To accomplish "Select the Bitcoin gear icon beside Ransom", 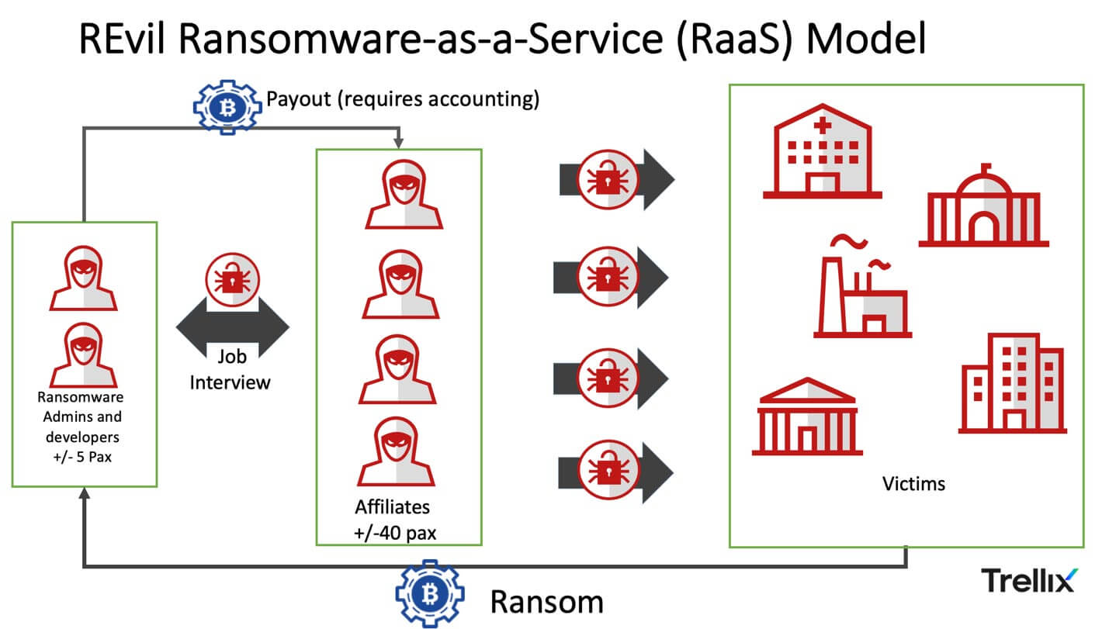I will (429, 593).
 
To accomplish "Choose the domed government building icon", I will (983, 207).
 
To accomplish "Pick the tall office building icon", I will (1012, 383).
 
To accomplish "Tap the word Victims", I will (913, 484).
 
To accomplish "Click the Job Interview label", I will (231, 369).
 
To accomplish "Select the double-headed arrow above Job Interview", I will (232, 326).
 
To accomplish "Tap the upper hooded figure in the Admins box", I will (84, 278).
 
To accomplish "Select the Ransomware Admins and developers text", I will (81, 427).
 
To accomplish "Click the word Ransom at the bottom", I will (546, 602).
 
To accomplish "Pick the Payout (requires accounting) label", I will (402, 100).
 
